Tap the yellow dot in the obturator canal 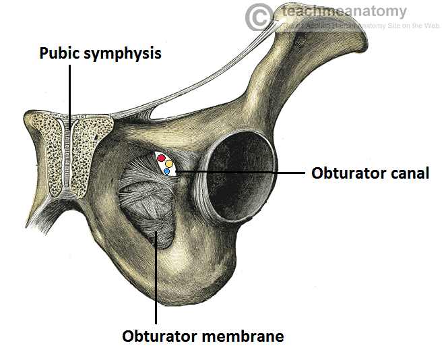pyautogui.click(x=169, y=164)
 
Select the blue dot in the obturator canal pyautogui.click(x=166, y=171)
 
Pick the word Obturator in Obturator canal pyautogui.click(x=346, y=173)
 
